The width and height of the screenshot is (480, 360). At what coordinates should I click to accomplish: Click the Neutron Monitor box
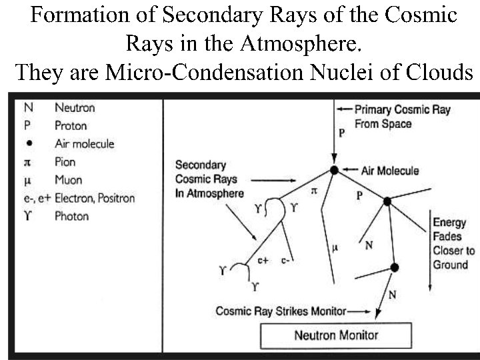point(336,335)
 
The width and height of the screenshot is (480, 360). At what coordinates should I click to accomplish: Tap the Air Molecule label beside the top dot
point(390,171)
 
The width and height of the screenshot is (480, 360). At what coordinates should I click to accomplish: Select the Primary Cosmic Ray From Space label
point(403,116)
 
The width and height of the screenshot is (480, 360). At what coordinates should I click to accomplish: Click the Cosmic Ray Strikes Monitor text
point(281,311)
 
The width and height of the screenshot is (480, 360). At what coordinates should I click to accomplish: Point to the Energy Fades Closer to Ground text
point(454,243)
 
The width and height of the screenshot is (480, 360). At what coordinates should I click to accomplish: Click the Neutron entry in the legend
point(75,107)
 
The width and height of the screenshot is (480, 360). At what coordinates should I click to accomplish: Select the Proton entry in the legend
point(71,125)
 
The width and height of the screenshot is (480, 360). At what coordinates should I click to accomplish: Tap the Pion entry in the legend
point(65,161)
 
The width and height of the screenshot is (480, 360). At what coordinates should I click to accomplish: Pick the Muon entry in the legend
point(67,179)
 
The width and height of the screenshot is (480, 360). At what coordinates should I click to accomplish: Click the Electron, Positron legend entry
point(95,197)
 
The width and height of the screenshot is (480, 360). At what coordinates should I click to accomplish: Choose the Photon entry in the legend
point(71,215)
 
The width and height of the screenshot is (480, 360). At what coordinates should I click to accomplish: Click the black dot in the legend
point(29,143)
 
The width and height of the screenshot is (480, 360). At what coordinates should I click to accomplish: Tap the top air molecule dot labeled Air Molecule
point(335,171)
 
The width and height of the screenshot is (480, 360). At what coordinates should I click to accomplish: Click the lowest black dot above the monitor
point(394,267)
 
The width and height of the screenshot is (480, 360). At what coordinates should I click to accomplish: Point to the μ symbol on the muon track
point(335,249)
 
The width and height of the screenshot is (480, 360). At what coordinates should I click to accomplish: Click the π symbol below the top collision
point(315,191)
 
